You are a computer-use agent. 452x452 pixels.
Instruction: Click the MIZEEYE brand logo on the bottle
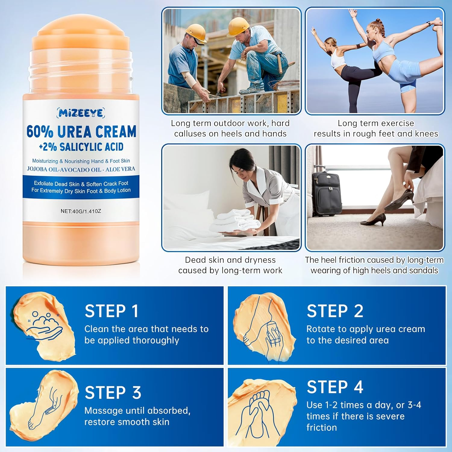tap(80, 113)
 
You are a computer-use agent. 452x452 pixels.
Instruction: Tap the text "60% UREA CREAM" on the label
tap(81, 132)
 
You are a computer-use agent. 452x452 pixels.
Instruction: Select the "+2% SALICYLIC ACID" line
tap(81, 147)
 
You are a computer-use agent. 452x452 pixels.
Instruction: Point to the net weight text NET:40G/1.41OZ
tap(81, 211)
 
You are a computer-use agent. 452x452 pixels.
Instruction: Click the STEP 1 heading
tap(111, 311)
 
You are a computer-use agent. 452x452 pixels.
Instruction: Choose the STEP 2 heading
tap(335, 311)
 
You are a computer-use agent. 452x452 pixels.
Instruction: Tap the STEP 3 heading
tap(113, 393)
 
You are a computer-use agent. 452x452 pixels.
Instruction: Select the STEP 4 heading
tap(335, 387)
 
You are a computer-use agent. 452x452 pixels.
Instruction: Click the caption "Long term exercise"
tap(376, 123)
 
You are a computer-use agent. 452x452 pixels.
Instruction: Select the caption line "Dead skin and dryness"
tap(230, 260)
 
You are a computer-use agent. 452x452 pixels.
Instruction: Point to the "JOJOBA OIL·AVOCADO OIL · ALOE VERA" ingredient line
tap(81, 169)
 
